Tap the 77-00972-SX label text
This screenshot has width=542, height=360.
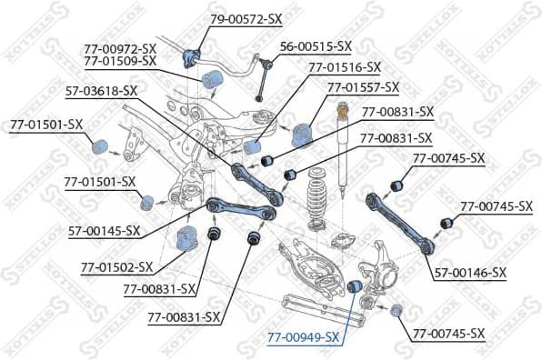[120, 47]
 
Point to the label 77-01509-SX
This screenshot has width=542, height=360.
[120, 61]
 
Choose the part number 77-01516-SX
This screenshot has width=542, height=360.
[345, 66]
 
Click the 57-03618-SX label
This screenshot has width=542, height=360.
[101, 90]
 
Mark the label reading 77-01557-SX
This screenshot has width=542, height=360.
[363, 87]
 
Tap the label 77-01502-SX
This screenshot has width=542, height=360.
[116, 268]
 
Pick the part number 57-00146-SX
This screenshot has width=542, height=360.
[470, 272]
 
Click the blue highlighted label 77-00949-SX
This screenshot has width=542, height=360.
[303, 337]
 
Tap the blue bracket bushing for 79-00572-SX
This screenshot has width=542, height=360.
[191, 54]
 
